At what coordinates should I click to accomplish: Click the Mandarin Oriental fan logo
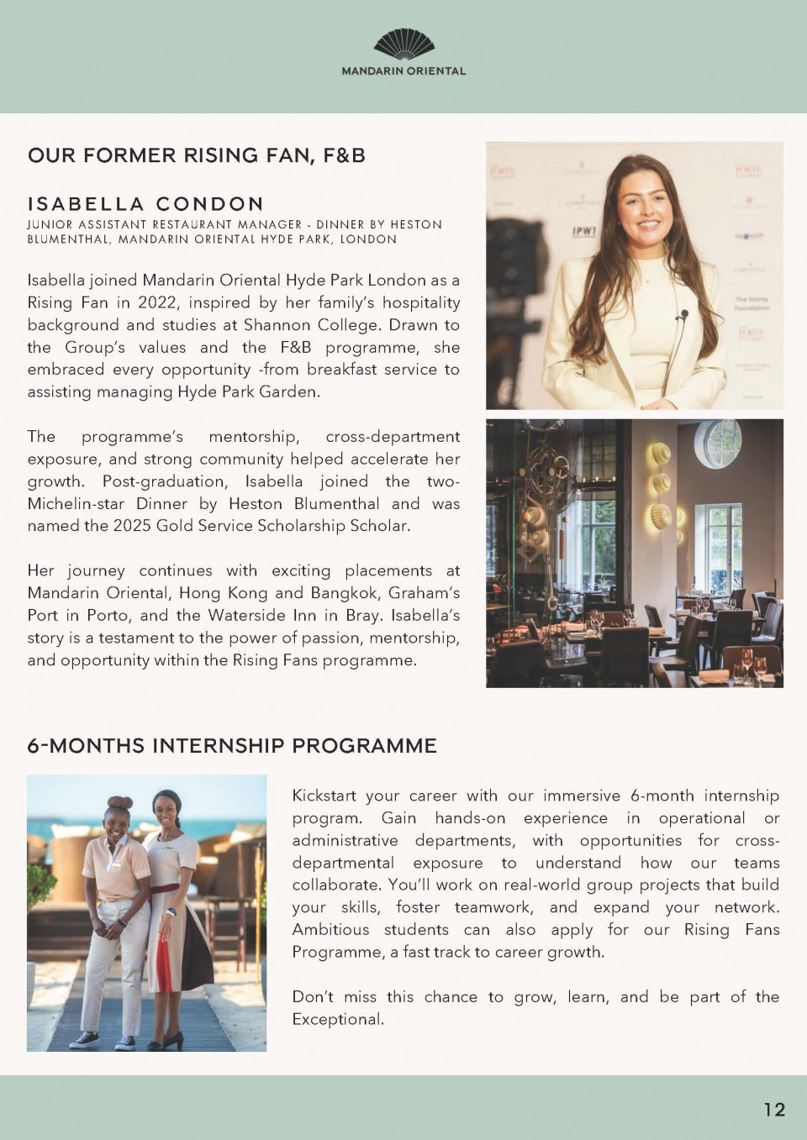(403, 45)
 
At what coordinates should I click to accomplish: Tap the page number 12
(774, 1110)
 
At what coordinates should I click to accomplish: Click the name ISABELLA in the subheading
(86, 204)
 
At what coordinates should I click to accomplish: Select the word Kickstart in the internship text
(324, 796)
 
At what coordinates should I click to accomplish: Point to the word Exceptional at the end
(337, 1019)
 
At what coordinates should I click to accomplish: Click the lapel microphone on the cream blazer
(684, 316)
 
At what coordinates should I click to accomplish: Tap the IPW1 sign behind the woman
(584, 230)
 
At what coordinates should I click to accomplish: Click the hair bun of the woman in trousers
(120, 803)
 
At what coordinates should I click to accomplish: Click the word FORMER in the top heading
(130, 155)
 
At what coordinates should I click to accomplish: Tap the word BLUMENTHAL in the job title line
(68, 239)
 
